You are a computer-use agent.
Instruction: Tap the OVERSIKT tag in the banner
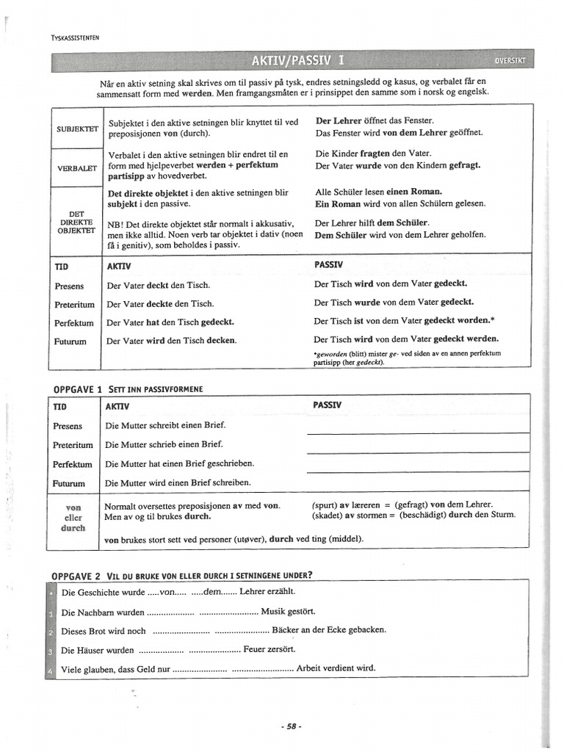click(510, 60)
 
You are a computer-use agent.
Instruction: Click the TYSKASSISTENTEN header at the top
click(75, 37)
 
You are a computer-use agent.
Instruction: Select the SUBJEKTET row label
click(78, 128)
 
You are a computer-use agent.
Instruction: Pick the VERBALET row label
click(78, 168)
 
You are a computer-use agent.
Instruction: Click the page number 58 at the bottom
click(292, 726)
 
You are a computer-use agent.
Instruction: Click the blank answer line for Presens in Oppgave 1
click(417, 432)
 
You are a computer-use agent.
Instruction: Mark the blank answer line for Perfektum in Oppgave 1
click(417, 471)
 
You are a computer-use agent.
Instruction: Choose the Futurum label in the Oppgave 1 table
click(69, 483)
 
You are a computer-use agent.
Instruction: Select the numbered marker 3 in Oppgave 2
click(50, 651)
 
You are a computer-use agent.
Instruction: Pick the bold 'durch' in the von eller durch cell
click(73, 528)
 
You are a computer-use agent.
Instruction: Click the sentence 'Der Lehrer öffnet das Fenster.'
click(375, 120)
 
